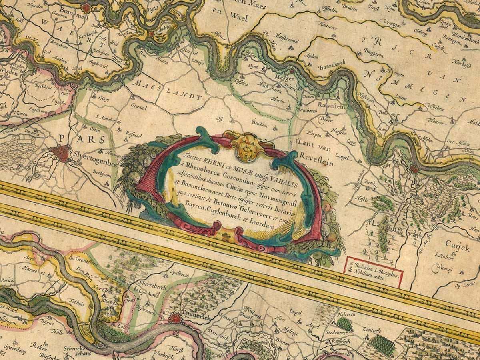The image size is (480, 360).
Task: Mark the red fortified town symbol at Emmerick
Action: coord(175,318)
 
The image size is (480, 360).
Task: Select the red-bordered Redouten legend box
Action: coord(374,272)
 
